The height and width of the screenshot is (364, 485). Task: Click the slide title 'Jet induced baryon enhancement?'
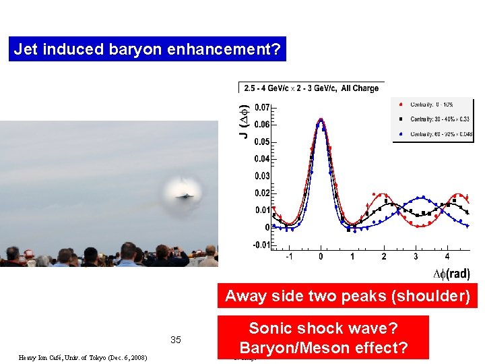click(147, 49)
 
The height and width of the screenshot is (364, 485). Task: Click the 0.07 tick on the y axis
click(261, 107)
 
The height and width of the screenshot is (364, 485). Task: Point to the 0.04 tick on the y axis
click(261, 159)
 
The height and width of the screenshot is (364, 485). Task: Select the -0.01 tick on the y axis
click(261, 245)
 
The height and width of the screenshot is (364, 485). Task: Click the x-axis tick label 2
click(384, 257)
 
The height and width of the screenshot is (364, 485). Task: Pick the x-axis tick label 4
click(447, 257)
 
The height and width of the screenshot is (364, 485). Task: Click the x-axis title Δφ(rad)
click(451, 274)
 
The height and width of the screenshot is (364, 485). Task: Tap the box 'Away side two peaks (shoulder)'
click(347, 296)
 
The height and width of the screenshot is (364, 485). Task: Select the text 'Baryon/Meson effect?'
click(323, 348)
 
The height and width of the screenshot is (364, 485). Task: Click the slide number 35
click(176, 340)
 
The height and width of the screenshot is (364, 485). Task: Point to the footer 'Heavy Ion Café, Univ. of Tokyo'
click(84, 357)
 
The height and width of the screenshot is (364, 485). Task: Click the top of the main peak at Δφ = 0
click(321, 120)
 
